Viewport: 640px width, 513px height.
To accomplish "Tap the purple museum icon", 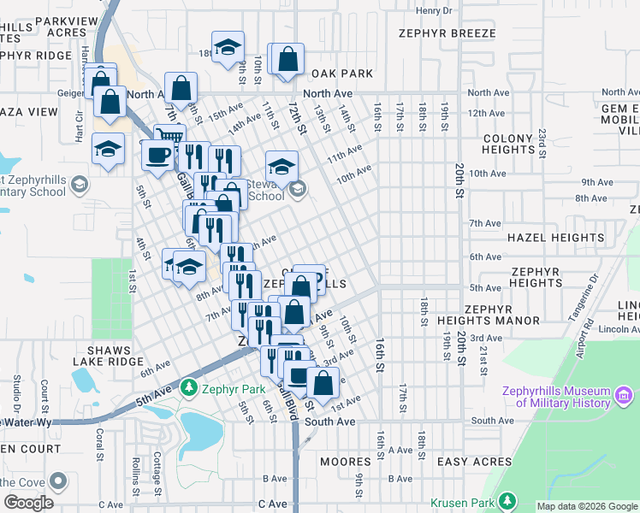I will click(x=623, y=396).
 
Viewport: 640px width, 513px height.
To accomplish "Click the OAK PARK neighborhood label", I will click(x=341, y=74).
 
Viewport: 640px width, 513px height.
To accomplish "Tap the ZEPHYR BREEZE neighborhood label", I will click(x=447, y=33).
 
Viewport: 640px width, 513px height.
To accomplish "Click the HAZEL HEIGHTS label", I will click(x=555, y=238).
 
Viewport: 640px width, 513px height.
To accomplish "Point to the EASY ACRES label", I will click(x=474, y=462).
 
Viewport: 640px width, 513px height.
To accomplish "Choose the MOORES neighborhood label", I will click(x=345, y=462).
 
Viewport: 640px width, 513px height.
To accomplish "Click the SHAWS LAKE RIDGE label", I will click(x=121, y=356).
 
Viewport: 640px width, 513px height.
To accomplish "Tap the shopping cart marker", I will click(x=169, y=137).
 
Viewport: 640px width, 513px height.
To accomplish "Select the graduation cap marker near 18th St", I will click(x=228, y=46).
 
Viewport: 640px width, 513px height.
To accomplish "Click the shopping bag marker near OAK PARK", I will click(x=287, y=59).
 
